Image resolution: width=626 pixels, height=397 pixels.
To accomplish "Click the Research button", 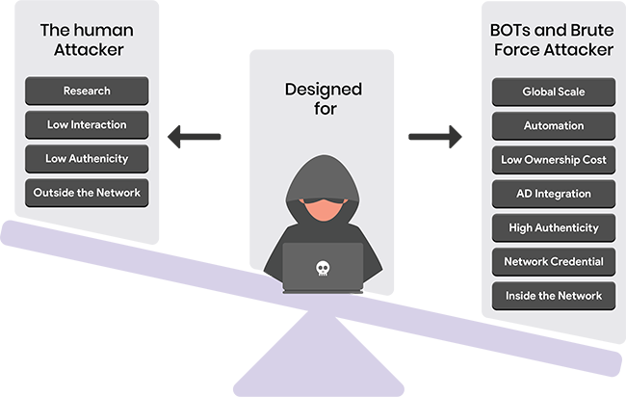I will tap(87, 91).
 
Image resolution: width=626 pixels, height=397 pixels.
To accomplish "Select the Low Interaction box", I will tap(87, 125).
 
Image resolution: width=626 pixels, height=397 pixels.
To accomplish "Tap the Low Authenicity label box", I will tap(87, 159).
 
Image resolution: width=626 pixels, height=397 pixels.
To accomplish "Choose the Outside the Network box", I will tap(87, 193).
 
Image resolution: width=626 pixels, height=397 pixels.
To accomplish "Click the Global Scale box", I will tap(554, 92).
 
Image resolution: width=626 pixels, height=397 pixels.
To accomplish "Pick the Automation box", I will tap(554, 125).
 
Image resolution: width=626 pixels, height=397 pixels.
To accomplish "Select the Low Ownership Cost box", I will tap(554, 160).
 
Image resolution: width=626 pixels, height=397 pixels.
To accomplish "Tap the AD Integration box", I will tap(554, 194).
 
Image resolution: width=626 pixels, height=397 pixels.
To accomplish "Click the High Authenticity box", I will tap(554, 228).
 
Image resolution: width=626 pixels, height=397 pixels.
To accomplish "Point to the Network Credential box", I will tap(554, 262).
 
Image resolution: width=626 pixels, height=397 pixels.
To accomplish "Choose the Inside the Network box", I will tap(554, 296).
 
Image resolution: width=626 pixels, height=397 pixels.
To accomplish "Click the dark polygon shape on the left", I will tap(199, 137).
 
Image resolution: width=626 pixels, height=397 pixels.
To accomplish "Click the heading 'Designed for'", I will tap(324, 100).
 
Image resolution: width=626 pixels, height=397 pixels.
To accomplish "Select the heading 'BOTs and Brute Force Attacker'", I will tap(551, 40).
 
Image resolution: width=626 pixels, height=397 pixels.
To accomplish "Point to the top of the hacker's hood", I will tap(323, 166).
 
